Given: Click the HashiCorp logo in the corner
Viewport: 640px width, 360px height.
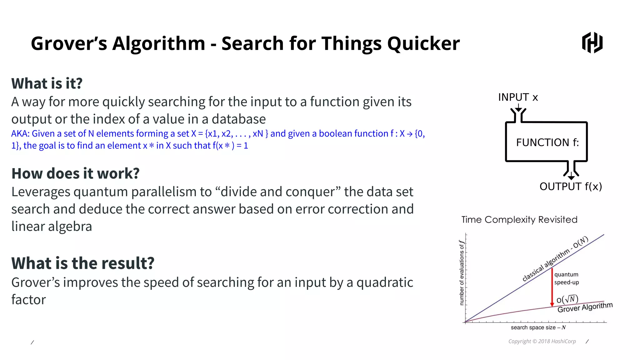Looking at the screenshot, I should click(592, 42).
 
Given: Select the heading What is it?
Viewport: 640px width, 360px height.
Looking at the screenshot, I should click(47, 83).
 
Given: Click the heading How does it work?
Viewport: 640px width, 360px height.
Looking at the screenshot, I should click(75, 173).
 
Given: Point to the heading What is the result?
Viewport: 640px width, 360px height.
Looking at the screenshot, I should click(83, 263).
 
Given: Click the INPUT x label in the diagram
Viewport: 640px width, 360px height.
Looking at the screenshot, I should click(518, 97).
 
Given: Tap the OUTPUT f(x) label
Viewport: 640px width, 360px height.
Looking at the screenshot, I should click(570, 186).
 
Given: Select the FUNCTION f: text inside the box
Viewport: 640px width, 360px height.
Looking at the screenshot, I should click(547, 142).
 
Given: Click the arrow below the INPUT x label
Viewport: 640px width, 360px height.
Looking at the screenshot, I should click(518, 108).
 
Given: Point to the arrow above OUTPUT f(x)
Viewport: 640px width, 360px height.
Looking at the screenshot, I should click(571, 176).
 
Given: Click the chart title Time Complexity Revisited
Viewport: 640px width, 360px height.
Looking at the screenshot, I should click(519, 220).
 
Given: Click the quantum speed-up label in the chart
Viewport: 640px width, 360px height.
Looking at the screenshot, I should click(566, 278).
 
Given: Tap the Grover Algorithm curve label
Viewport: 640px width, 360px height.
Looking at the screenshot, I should click(585, 307).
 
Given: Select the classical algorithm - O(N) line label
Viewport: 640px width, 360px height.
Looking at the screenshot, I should click(555, 259).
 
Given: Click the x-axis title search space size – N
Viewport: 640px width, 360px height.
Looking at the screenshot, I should click(538, 327).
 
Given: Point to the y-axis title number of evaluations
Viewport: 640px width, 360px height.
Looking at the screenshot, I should click(462, 273).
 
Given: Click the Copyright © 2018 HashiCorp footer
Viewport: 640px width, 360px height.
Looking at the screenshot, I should click(542, 341).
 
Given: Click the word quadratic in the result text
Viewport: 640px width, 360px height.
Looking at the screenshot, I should click(384, 282).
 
